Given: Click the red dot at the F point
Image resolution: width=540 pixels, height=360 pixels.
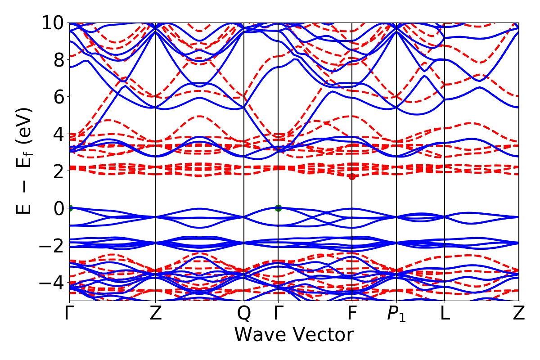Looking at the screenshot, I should (352, 176).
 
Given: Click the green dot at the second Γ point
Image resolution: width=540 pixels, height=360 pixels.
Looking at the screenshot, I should (278, 208).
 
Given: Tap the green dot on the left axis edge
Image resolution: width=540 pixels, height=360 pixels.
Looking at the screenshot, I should (70, 208).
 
